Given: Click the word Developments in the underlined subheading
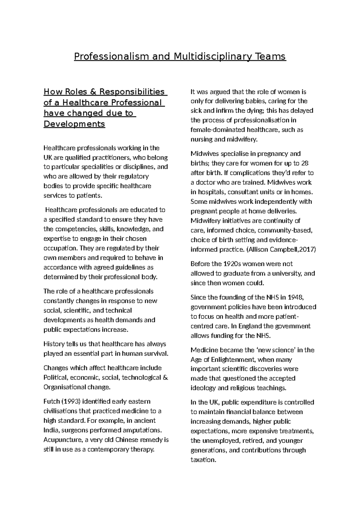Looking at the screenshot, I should point(74,124).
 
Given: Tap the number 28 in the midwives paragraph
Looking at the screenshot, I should point(305,164).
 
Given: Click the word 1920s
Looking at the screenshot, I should point(232,264).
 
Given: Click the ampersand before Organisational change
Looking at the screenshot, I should point(165,378).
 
